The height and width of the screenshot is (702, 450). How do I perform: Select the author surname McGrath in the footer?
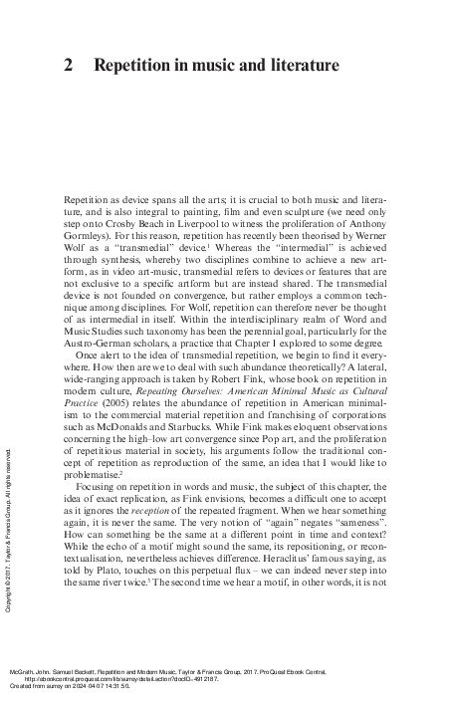click(23, 671)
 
